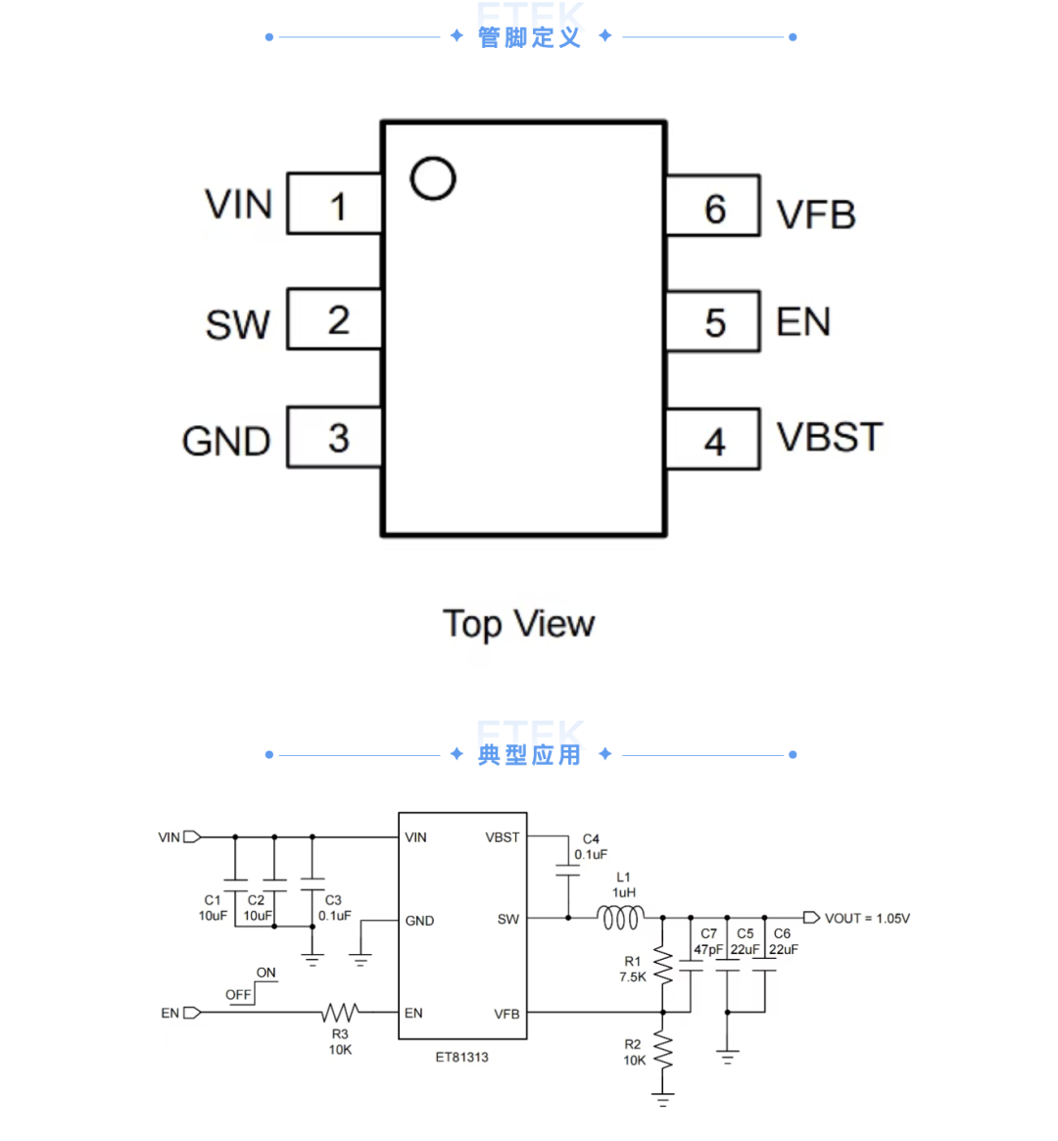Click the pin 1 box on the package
pyautogui.click(x=335, y=204)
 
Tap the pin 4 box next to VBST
pyautogui.click(x=713, y=440)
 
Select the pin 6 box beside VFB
pyautogui.click(x=713, y=206)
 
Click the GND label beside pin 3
pyautogui.click(x=226, y=442)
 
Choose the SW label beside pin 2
pyautogui.click(x=238, y=324)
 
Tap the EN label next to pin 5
pyautogui.click(x=803, y=321)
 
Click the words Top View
pyautogui.click(x=519, y=624)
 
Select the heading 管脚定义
pyautogui.click(x=530, y=37)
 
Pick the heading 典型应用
pyautogui.click(x=530, y=754)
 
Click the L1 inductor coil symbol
pyautogui.click(x=621, y=918)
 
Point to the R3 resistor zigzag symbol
pyautogui.click(x=340, y=1012)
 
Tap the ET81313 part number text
pyautogui.click(x=462, y=1058)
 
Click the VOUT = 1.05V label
pyautogui.click(x=867, y=919)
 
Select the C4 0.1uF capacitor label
pyautogui.click(x=591, y=846)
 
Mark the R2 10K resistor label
pyautogui.click(x=634, y=1052)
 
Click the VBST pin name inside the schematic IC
pyautogui.click(x=503, y=837)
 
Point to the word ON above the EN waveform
pyautogui.click(x=265, y=973)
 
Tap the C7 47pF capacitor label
pyautogui.click(x=708, y=941)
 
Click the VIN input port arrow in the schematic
pyautogui.click(x=192, y=836)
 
